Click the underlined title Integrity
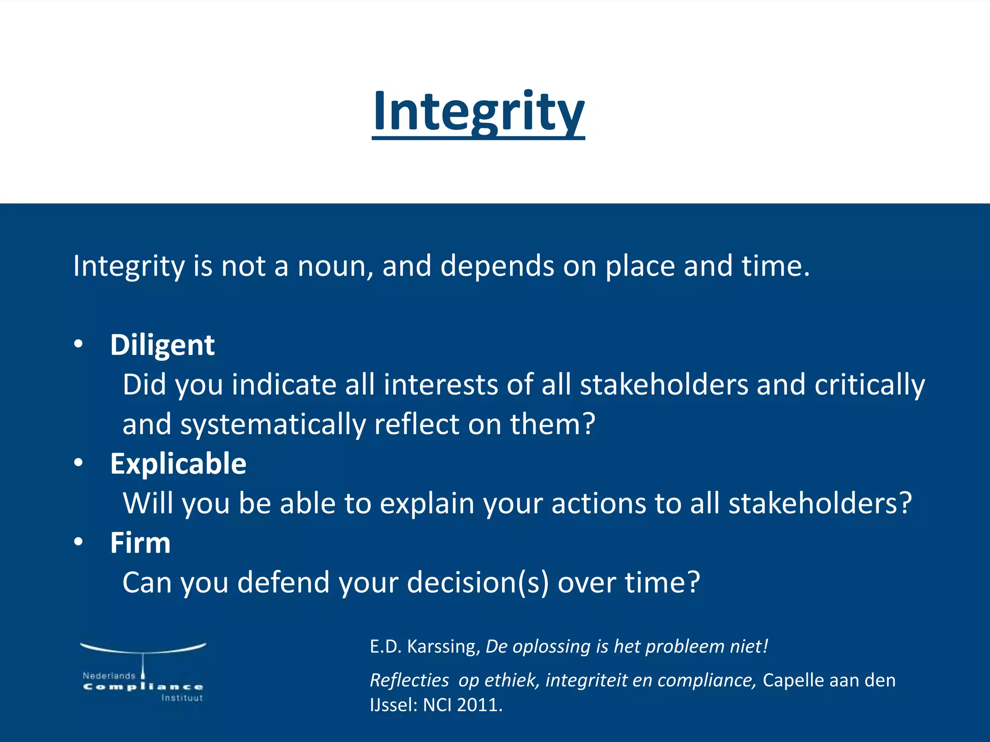[x=478, y=112]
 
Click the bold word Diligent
[x=162, y=345]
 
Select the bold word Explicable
[x=178, y=464]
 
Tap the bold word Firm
[x=140, y=543]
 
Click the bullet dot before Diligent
[x=79, y=344]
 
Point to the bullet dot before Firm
[x=79, y=542]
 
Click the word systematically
[x=273, y=425]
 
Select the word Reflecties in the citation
[x=409, y=680]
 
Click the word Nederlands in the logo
[x=109, y=675]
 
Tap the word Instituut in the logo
[x=182, y=698]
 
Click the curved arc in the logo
[x=143, y=649]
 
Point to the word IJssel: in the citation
[x=393, y=705]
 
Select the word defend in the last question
[x=283, y=583]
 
